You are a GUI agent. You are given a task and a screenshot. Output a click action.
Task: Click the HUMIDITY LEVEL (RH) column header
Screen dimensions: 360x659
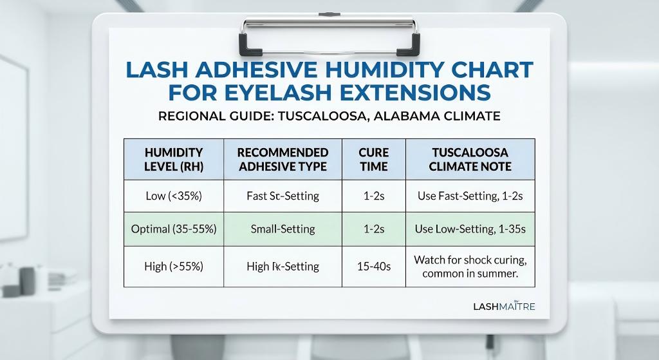174,160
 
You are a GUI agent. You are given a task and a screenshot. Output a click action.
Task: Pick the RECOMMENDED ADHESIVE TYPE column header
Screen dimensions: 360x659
283,160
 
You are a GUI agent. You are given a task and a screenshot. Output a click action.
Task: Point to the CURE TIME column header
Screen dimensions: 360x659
374,160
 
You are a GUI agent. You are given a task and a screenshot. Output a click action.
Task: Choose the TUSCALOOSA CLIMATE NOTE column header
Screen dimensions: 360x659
470,160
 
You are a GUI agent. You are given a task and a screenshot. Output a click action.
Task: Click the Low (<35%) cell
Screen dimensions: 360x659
174,196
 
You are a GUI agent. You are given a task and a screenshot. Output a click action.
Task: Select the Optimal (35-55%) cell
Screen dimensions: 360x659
174,229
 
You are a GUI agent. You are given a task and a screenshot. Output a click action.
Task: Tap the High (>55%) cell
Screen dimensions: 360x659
174,266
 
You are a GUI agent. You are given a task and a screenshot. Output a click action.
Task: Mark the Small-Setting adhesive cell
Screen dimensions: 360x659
283,229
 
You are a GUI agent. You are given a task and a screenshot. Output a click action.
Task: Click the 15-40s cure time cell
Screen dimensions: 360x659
374,266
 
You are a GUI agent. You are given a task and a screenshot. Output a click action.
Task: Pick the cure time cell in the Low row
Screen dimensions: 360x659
374,196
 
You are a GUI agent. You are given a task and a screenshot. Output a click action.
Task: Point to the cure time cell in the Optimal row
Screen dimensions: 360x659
374,229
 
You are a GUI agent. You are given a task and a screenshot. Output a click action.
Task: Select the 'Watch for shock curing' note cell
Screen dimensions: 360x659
470,267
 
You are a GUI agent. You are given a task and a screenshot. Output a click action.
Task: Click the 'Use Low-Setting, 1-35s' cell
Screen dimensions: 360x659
470,229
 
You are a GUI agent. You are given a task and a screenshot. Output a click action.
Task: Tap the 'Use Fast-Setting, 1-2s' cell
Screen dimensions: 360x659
470,196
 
